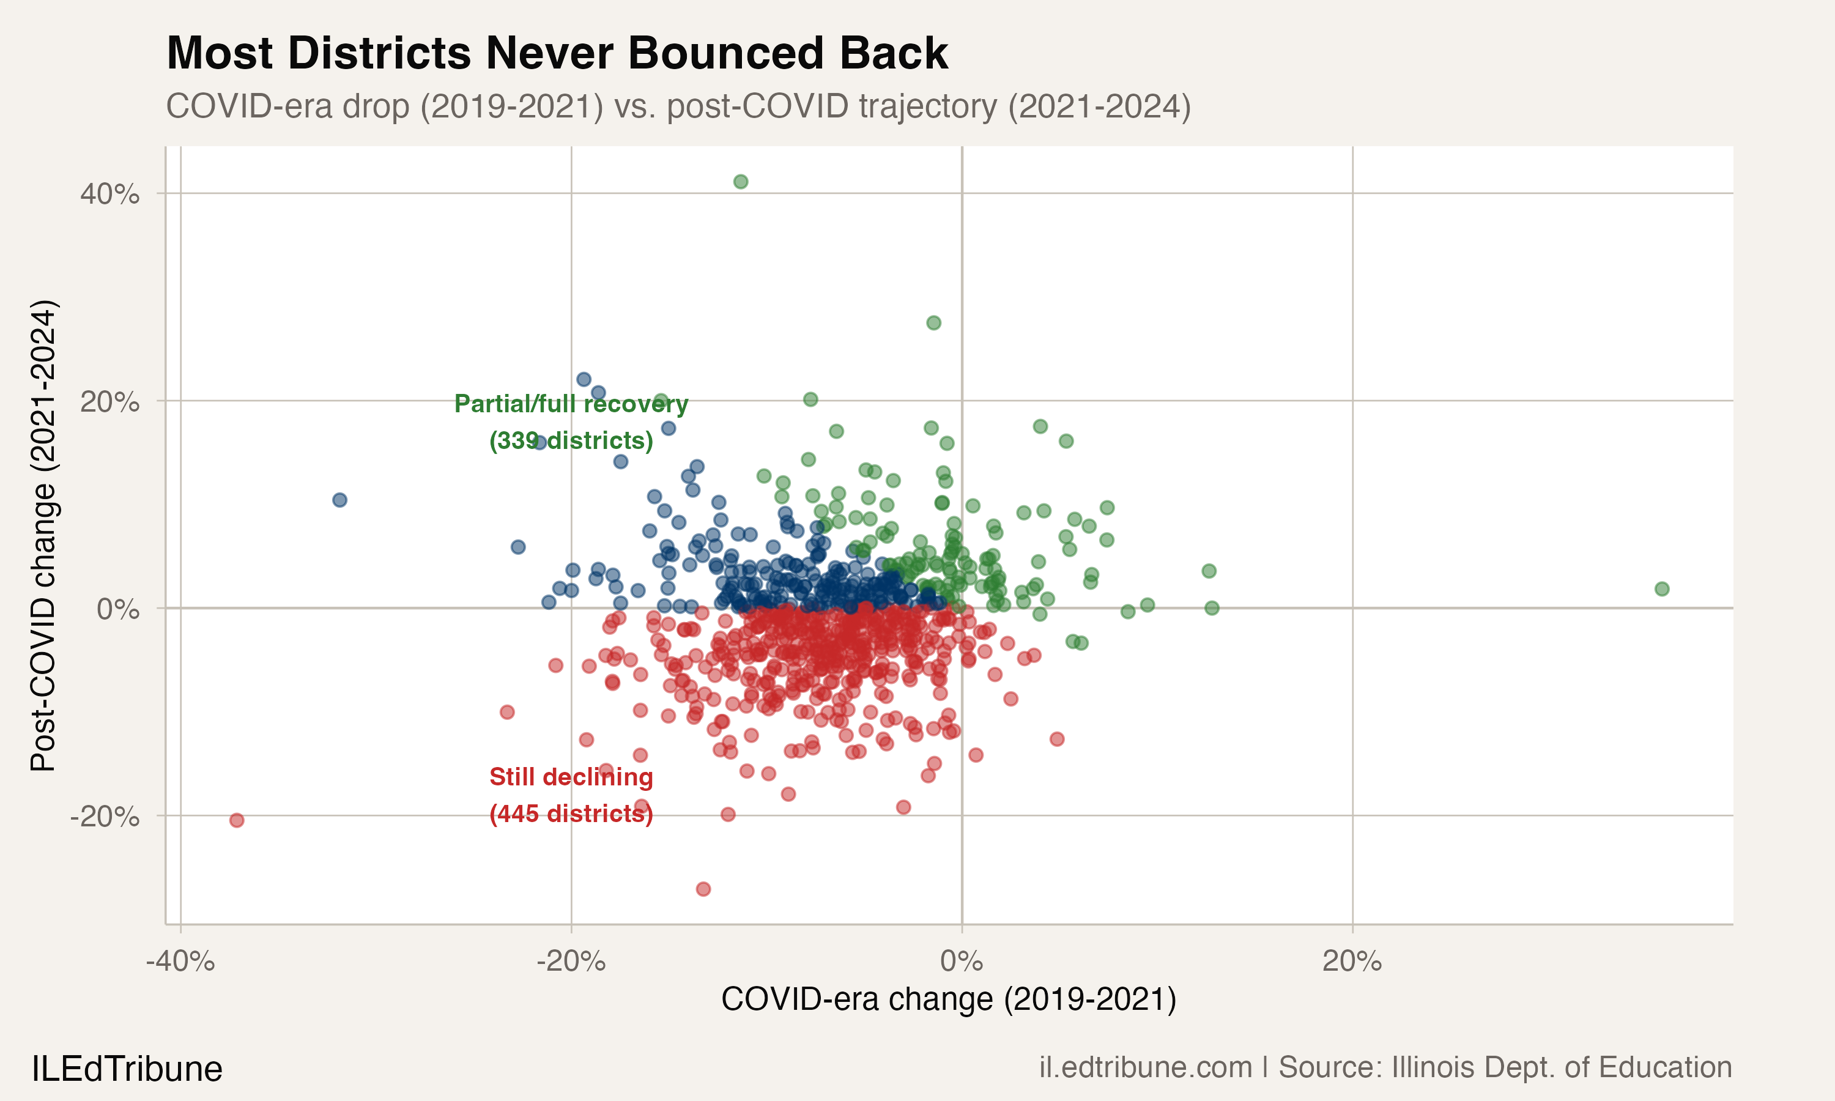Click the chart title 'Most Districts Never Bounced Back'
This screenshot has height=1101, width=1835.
pos(556,53)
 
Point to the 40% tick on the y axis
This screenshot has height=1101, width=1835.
pos(109,195)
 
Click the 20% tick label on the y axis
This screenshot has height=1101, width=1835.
pos(109,402)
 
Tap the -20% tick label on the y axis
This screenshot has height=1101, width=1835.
pos(105,817)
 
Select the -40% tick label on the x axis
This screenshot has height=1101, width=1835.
pos(180,962)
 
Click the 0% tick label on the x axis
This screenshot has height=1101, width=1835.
pos(962,962)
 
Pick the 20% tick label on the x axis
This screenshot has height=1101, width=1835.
pos(1352,962)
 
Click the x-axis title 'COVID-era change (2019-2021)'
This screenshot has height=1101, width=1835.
pos(949,999)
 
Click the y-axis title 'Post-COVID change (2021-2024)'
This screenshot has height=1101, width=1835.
pos(43,535)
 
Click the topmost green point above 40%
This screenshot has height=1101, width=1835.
pos(740,182)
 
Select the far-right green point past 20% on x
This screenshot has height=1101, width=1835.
pos(1661,589)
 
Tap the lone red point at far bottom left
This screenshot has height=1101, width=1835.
pos(237,820)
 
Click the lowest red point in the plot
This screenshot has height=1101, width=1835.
pos(703,889)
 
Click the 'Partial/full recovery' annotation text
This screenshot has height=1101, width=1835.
pos(571,404)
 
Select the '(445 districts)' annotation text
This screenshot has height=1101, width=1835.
pos(571,814)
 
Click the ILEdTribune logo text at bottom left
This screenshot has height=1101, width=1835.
pos(127,1069)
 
